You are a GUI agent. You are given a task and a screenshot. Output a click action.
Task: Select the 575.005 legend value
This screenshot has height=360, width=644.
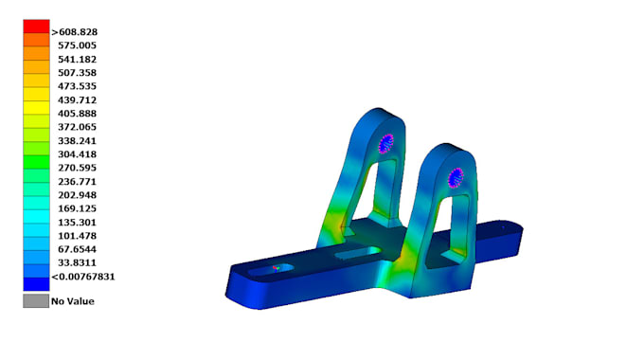click(x=78, y=45)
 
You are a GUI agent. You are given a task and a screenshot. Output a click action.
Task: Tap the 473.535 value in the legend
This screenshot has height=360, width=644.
click(x=78, y=86)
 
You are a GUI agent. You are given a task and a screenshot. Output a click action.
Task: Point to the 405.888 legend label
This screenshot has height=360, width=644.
click(x=78, y=114)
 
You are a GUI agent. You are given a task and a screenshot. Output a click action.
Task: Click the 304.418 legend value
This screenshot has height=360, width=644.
click(x=78, y=154)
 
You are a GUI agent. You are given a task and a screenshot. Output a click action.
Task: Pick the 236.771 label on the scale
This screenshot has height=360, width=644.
click(x=78, y=182)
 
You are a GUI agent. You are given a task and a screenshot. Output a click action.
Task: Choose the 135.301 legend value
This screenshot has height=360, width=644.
click(x=78, y=223)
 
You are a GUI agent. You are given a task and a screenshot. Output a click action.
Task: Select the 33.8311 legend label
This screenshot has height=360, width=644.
click(x=78, y=263)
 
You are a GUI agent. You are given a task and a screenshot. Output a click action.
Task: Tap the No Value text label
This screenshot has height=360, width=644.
click(x=73, y=301)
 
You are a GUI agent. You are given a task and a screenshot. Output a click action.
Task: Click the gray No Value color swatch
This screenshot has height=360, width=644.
click(x=36, y=301)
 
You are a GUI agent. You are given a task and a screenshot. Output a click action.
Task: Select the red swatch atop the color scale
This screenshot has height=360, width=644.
click(x=36, y=26)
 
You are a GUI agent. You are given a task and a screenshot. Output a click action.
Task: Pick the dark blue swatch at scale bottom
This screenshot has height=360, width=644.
click(x=36, y=282)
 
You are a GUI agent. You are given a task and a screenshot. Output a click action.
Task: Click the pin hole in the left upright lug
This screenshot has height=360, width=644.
click(x=385, y=144)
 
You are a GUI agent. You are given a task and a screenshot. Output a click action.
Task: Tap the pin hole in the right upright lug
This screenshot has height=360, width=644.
click(x=456, y=175)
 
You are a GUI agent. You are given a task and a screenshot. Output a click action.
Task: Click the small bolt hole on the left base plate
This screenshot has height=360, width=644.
click(x=277, y=268)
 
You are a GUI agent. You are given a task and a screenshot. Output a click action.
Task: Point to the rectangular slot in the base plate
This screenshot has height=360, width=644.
click(x=358, y=253)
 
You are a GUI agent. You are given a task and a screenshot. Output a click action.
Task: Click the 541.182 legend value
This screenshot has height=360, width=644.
click(x=78, y=59)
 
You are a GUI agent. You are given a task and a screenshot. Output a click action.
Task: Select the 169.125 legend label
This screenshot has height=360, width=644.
click(x=78, y=208)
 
